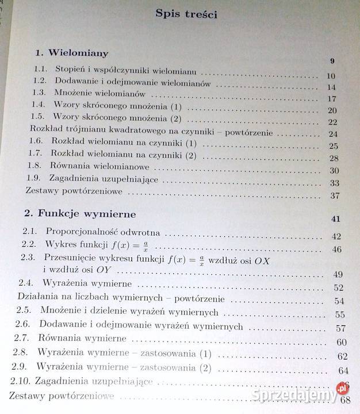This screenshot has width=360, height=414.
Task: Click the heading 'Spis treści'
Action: (186, 14)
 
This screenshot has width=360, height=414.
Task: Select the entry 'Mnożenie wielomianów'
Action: (100, 93)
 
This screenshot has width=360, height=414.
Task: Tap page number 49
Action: (338, 274)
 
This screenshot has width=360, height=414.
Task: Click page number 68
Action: (345, 400)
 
